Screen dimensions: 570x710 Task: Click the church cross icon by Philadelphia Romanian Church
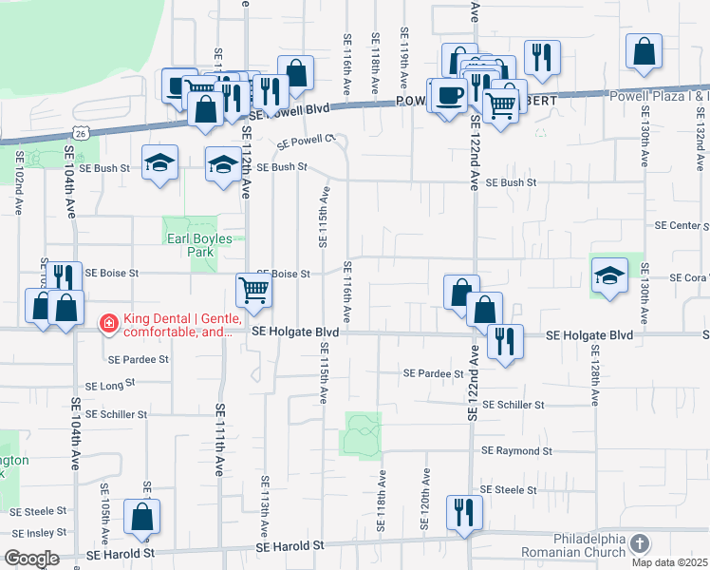641,544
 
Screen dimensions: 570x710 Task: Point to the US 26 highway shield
82,134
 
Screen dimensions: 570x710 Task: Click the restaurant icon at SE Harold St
465,512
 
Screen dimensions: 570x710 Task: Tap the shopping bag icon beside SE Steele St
141,518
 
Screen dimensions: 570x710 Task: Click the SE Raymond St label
516,451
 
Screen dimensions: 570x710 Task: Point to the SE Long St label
112,386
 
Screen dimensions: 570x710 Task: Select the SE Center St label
682,226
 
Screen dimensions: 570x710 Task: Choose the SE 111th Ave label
219,439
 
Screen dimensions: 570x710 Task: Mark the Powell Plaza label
672,95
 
